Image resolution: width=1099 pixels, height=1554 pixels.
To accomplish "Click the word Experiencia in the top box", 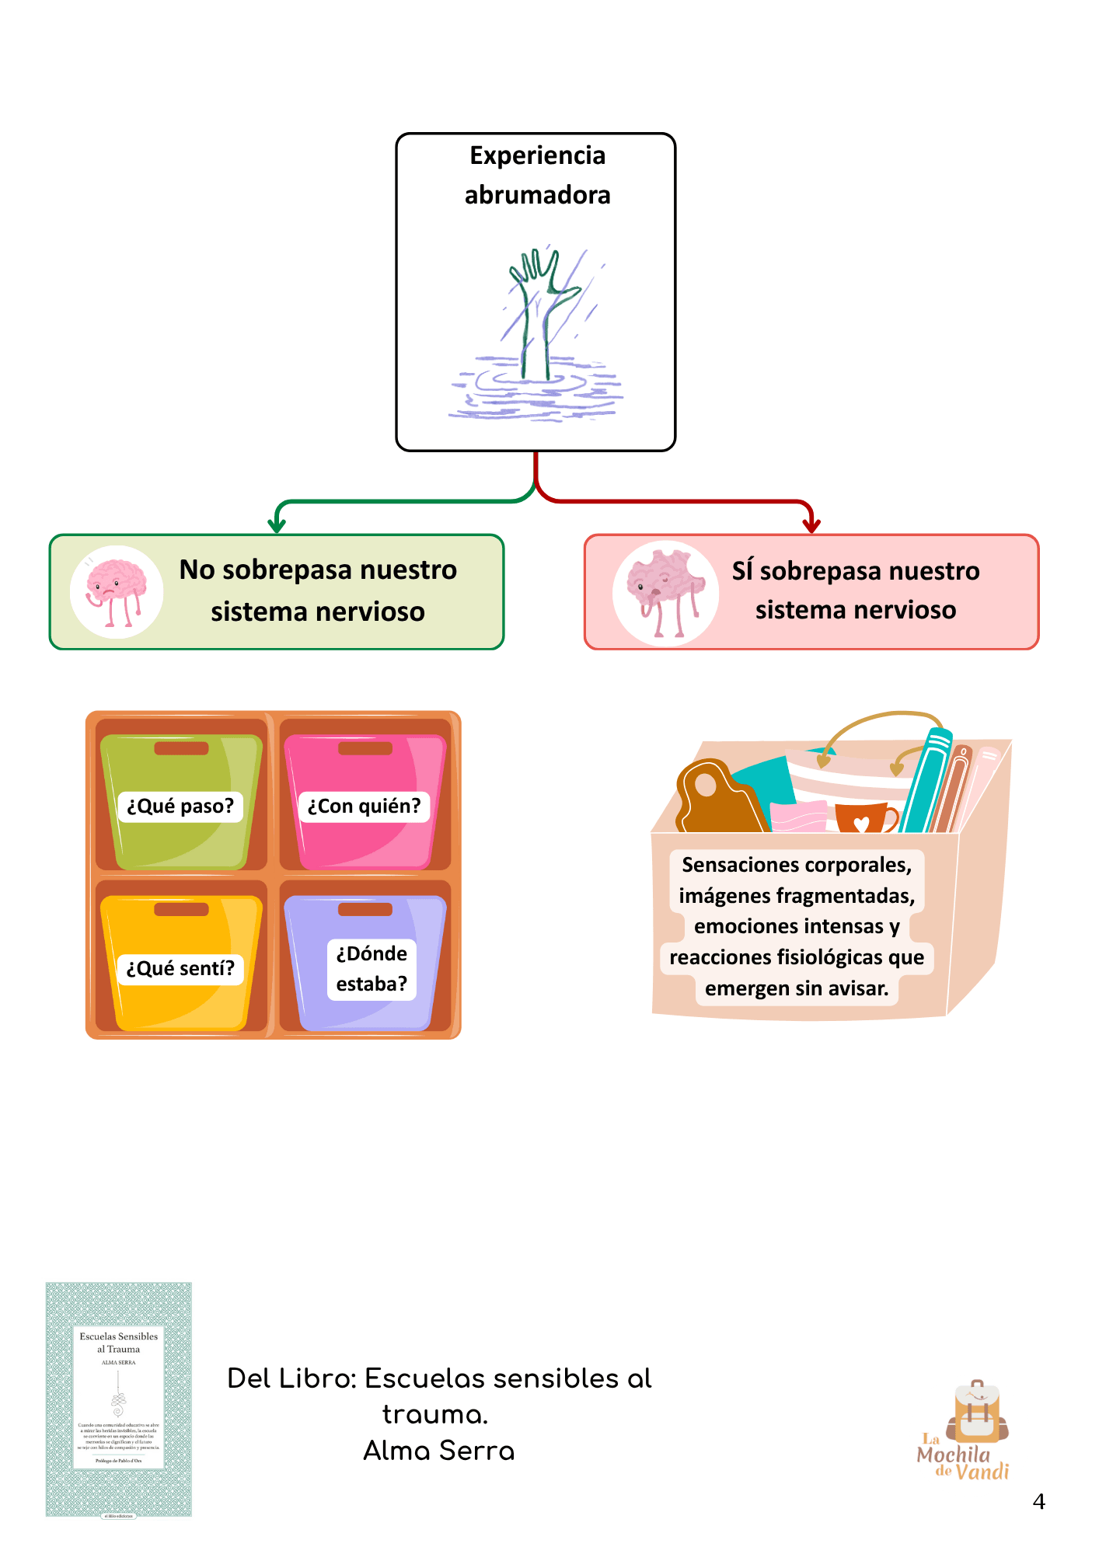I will [537, 155].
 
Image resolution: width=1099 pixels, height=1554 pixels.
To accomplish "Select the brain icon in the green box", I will [116, 592].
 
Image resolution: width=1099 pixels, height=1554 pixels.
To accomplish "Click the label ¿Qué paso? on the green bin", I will [180, 807].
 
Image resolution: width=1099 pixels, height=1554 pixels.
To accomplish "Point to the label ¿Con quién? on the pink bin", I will [364, 807].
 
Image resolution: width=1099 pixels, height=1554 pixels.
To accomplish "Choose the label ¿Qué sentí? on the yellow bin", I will [180, 969].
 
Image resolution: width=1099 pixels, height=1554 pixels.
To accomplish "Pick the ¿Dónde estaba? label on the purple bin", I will [372, 969].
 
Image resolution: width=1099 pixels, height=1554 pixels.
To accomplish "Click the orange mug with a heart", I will [863, 818].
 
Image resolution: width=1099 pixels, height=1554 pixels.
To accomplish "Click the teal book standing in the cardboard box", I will [927, 781].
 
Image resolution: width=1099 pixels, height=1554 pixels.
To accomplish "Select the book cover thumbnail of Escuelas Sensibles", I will [119, 1399].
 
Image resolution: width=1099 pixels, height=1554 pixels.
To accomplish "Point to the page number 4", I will [1038, 1502].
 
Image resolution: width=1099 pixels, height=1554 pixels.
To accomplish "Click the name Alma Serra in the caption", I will [439, 1451].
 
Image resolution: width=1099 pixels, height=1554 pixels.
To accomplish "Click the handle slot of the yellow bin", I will [181, 909].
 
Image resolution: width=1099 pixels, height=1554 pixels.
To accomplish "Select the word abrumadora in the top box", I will [537, 195].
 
